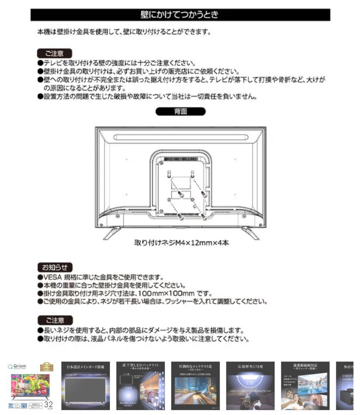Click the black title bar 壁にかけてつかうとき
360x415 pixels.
click(180, 15)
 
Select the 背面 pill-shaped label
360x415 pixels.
click(180, 111)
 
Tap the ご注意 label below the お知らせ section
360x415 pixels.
click(54, 320)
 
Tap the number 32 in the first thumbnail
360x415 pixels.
click(48, 405)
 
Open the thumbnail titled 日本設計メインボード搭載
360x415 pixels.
click(85, 386)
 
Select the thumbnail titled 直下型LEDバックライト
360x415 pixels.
click(140, 386)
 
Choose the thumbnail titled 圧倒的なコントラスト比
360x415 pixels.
click(195, 386)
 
